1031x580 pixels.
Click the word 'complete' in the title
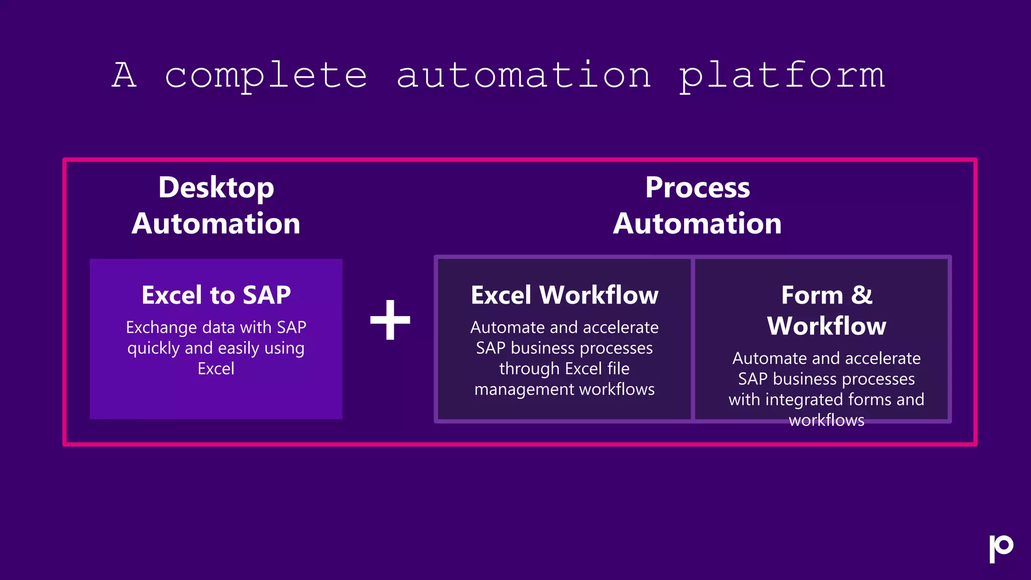(266, 76)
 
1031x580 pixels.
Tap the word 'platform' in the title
(782, 76)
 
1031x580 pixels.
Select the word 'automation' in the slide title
(524, 76)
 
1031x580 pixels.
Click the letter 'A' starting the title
(124, 76)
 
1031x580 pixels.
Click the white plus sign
(390, 320)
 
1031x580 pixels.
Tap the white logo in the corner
(1000, 548)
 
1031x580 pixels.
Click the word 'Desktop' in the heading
(216, 188)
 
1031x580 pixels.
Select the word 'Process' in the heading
(697, 188)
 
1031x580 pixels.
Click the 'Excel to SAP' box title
(216, 295)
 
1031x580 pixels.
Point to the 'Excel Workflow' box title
(564, 295)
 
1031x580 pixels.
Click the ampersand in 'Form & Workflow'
(861, 295)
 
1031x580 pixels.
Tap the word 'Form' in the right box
(812, 295)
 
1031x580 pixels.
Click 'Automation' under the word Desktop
(216, 224)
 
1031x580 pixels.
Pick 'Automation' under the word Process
(697, 224)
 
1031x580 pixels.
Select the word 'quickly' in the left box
(153, 348)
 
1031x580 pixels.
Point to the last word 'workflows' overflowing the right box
(826, 420)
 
